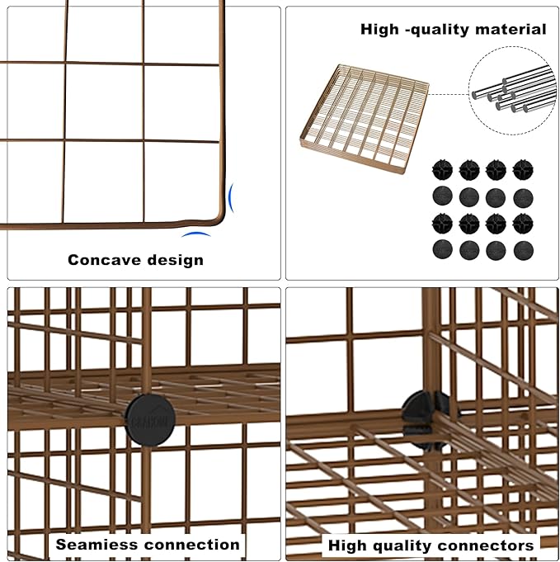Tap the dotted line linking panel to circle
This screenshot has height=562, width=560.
(449, 93)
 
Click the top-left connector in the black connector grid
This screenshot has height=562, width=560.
(443, 170)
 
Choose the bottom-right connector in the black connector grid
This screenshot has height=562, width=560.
(523, 250)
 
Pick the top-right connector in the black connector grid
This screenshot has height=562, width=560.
(523, 170)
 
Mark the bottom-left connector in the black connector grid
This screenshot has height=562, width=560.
(443, 250)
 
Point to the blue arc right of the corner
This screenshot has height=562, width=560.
(232, 198)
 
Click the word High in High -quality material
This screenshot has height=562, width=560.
(380, 30)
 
